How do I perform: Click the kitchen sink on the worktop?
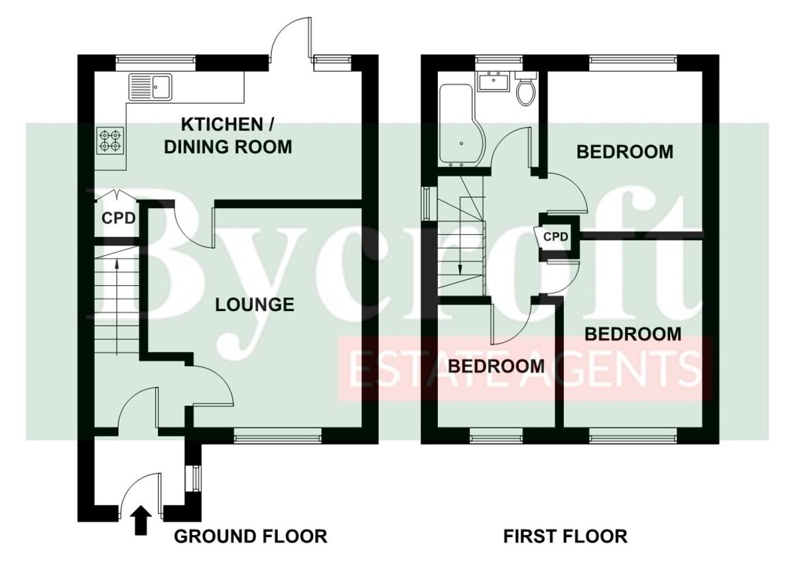[151, 87]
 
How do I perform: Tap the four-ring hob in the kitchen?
[110, 141]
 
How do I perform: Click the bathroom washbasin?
[494, 82]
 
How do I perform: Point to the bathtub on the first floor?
[458, 126]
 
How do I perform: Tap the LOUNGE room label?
[255, 305]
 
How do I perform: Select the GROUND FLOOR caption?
[251, 536]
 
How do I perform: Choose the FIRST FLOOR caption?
[565, 536]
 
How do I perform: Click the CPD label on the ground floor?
[119, 218]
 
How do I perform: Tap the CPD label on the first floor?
[556, 237]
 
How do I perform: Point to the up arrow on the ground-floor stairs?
[117, 307]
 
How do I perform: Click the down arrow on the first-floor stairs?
[460, 236]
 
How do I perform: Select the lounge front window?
[277, 436]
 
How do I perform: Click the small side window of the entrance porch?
[193, 477]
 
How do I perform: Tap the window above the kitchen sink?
[156, 63]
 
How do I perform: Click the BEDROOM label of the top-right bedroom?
[625, 152]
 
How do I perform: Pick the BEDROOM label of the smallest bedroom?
[496, 366]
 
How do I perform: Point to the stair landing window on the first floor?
[426, 204]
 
